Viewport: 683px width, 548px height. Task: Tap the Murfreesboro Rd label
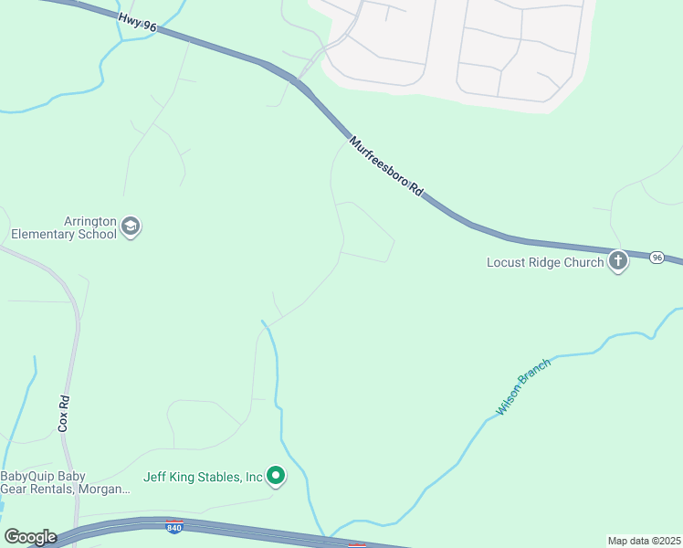(386, 166)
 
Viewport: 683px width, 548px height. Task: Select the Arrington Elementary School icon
(131, 227)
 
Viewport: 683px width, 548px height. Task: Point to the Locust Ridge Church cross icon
(618, 262)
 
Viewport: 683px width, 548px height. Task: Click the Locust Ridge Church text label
(545, 263)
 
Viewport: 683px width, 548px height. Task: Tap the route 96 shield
(657, 258)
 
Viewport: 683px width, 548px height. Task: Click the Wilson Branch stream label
(523, 388)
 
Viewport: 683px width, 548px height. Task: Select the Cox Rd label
(64, 414)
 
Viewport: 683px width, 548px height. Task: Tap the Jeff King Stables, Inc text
(204, 477)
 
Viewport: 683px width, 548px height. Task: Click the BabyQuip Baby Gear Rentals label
(65, 482)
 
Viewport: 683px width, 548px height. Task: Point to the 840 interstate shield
(174, 526)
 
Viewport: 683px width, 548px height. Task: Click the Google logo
(30, 537)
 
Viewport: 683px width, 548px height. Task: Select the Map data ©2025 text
(644, 541)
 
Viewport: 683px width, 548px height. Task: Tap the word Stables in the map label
(218, 477)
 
